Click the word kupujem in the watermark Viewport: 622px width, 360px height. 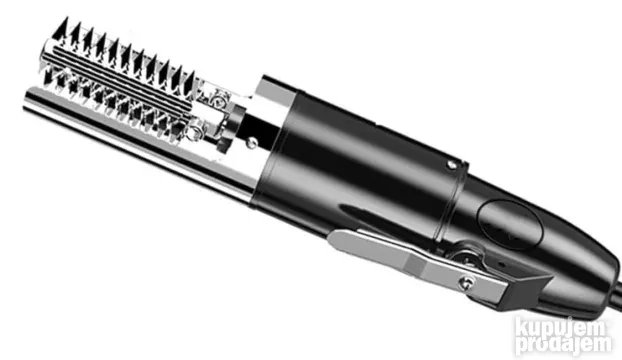pyautogui.click(x=561, y=327)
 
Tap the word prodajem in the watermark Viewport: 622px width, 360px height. pyautogui.click(x=564, y=343)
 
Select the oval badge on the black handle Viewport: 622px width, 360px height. pyautogui.click(x=509, y=225)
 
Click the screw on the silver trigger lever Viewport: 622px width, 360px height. pyautogui.click(x=466, y=282)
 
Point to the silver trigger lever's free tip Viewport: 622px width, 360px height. pyautogui.click(x=332, y=238)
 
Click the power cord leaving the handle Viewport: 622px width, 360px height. pyautogui.click(x=613, y=301)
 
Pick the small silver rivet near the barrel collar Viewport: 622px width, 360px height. pyautogui.click(x=451, y=165)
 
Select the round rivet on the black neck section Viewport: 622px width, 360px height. pyautogui.click(x=251, y=142)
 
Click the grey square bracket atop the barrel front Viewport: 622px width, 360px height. pyautogui.click(x=275, y=90)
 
